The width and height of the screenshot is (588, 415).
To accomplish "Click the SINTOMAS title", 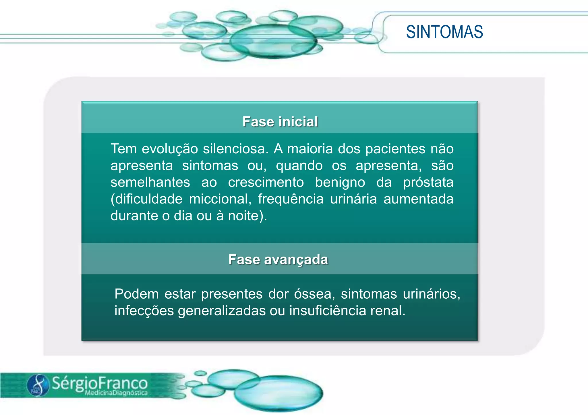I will click(444, 32).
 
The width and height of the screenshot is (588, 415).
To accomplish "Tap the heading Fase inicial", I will click(280, 122).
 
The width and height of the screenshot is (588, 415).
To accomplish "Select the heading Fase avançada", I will click(278, 259).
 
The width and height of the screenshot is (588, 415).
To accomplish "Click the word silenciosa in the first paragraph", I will click(235, 149).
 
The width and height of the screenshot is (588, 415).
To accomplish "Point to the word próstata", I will click(428, 183).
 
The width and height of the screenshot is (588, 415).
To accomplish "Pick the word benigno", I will click(340, 183).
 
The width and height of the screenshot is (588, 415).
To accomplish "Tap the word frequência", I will click(291, 199).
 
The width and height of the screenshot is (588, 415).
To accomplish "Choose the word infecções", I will click(144, 311).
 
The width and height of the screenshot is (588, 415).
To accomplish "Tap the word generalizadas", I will click(222, 311).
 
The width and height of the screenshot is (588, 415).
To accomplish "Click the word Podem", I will click(136, 294).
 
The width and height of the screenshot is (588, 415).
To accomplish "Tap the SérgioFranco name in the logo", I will click(100, 383).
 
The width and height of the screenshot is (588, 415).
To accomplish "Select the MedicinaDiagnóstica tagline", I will click(116, 393).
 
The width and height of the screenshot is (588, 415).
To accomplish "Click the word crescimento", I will click(266, 183).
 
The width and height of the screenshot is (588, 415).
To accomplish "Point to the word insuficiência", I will click(328, 311).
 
